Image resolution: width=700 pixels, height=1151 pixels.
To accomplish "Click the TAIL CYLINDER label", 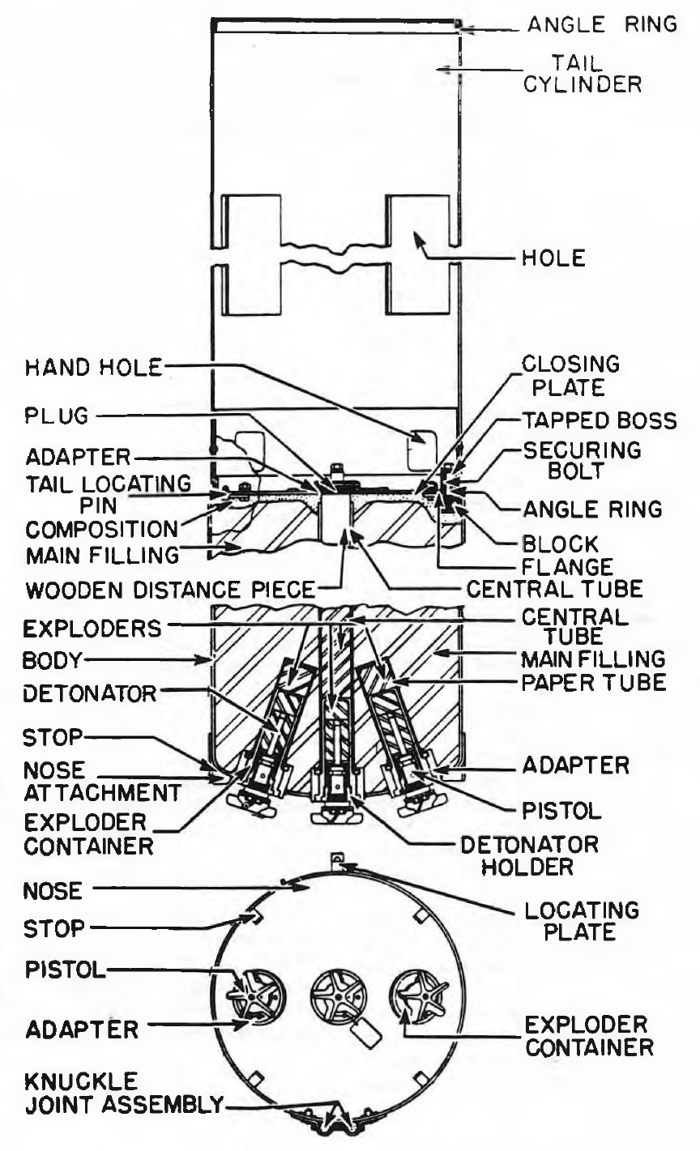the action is click(583, 74).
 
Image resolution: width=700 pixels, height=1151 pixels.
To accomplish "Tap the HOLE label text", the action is click(553, 258).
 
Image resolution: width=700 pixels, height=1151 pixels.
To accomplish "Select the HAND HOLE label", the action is click(93, 368).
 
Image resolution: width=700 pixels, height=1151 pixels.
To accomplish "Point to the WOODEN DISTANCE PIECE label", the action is click(170, 590).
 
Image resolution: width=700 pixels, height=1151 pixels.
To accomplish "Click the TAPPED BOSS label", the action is click(600, 420).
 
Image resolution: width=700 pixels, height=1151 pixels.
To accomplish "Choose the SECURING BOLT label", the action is click(583, 460).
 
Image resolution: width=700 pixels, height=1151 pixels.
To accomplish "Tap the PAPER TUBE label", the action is click(594, 683).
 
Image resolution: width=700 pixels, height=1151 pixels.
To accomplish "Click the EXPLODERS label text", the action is click(92, 629).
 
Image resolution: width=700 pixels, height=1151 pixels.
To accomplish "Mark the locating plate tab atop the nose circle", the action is click(337, 868).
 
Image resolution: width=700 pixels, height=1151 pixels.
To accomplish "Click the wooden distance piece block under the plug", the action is click(335, 519).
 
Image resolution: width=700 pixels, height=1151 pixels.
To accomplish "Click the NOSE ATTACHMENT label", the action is click(102, 781).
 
